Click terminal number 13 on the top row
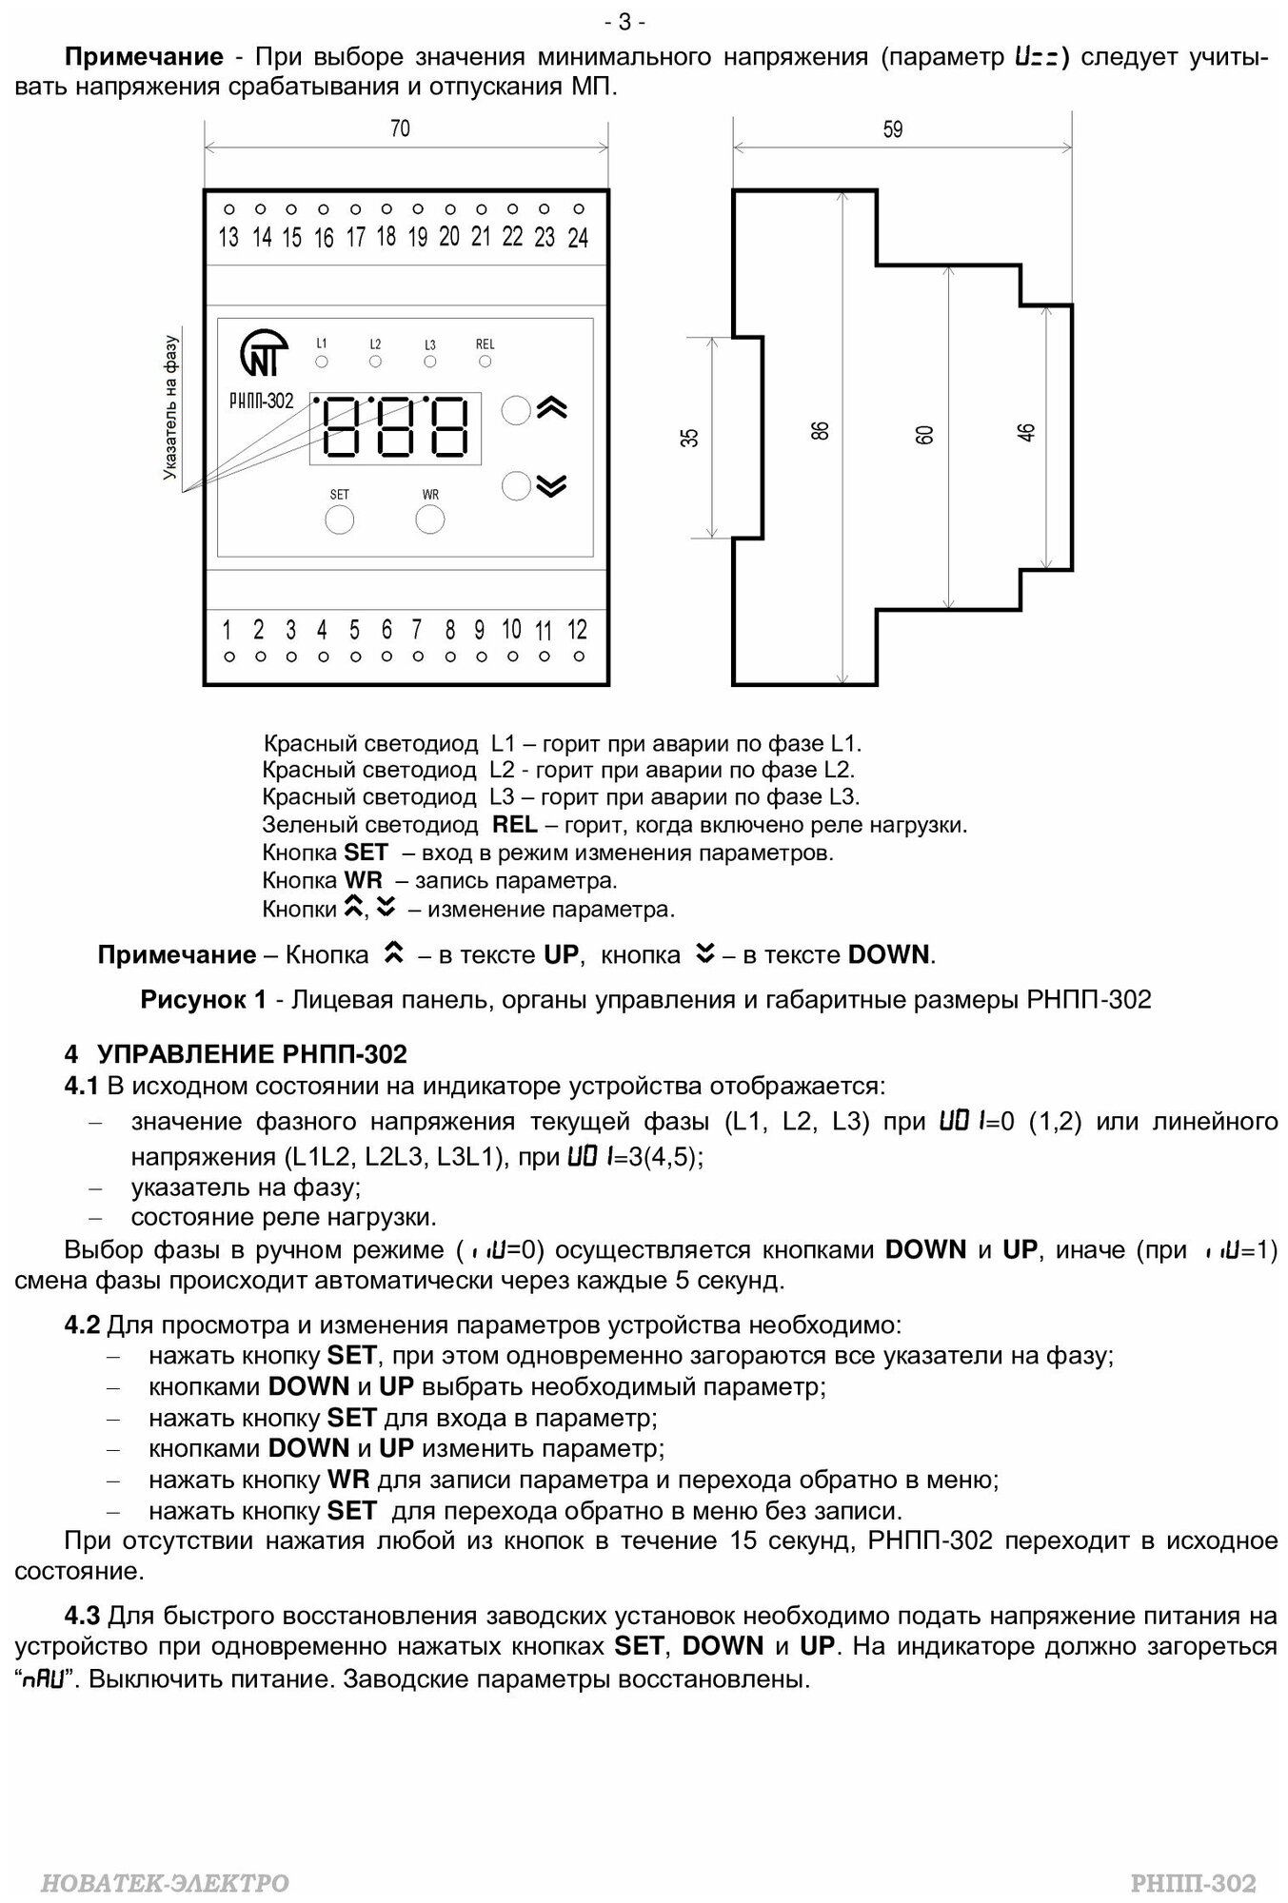pos(228,237)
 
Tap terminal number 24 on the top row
pos(578,238)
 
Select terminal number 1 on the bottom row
pos(228,630)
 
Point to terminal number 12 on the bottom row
pos(577,630)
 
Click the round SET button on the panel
pos(340,520)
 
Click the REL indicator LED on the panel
pos(485,362)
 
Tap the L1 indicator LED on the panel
pos(322,362)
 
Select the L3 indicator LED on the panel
pos(430,362)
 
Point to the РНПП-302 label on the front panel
pos(262,402)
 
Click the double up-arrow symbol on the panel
pos(552,408)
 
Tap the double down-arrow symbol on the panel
pos(551,486)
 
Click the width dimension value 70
pos(401,128)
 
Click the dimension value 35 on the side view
pos(691,437)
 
